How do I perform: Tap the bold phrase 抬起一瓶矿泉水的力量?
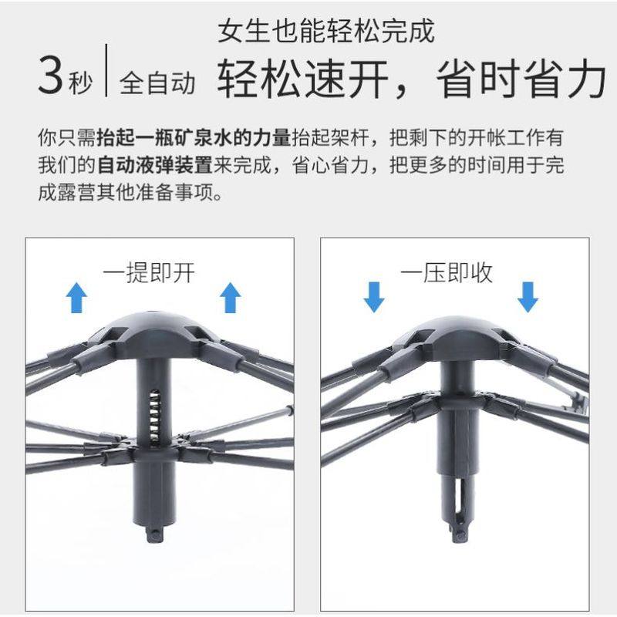(x=194, y=139)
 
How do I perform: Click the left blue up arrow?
(x=76, y=297)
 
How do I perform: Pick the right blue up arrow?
(x=231, y=297)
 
